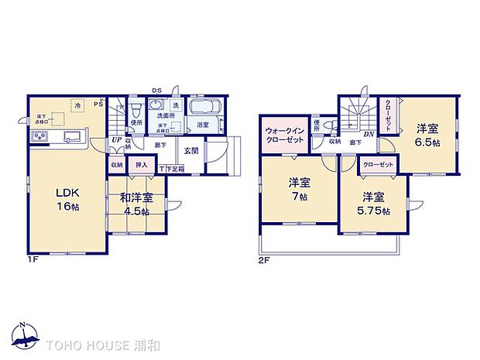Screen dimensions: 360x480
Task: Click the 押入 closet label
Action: pos(141,164)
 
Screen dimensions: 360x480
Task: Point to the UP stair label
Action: pos(115,141)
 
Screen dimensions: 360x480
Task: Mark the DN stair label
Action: pos(370,134)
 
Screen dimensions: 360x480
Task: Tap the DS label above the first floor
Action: pos(156,89)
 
